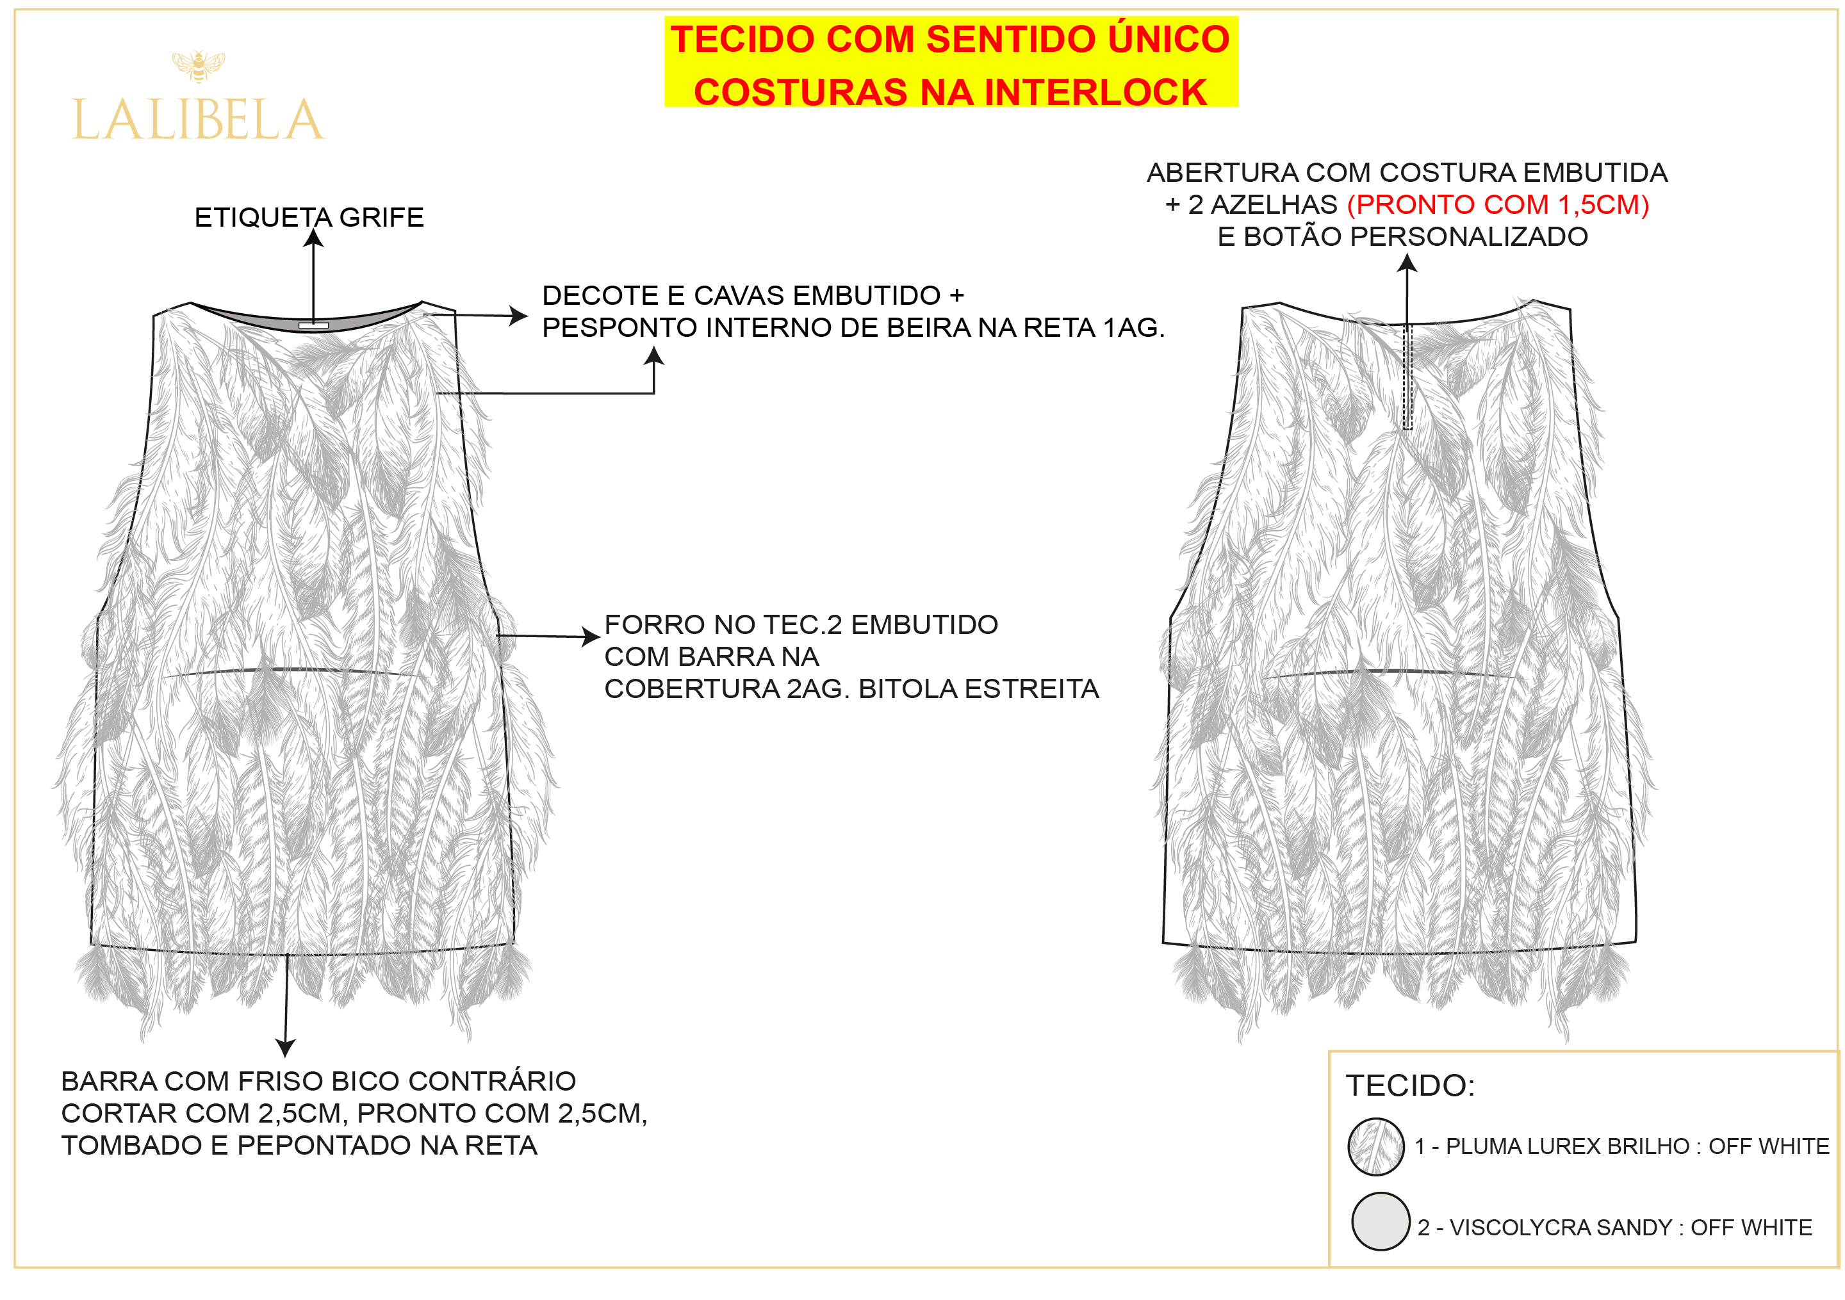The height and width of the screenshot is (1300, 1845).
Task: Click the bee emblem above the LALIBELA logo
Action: [198, 66]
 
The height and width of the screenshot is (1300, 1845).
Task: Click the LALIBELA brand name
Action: [198, 120]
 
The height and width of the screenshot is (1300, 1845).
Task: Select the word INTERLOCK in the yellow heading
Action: [1095, 92]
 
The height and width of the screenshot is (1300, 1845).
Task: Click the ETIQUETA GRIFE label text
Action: [309, 217]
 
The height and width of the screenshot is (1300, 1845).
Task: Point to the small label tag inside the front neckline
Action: [313, 325]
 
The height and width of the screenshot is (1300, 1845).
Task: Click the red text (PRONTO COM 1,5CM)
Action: [1498, 205]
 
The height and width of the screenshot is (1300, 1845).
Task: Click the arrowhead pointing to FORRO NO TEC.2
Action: [592, 637]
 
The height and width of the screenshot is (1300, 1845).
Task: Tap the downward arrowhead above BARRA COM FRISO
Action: [285, 1048]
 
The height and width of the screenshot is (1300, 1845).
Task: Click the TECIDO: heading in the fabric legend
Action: [1410, 1085]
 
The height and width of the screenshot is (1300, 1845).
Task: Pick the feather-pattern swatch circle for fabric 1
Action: [1375, 1146]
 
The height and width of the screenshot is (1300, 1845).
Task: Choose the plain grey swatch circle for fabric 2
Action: [1381, 1221]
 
